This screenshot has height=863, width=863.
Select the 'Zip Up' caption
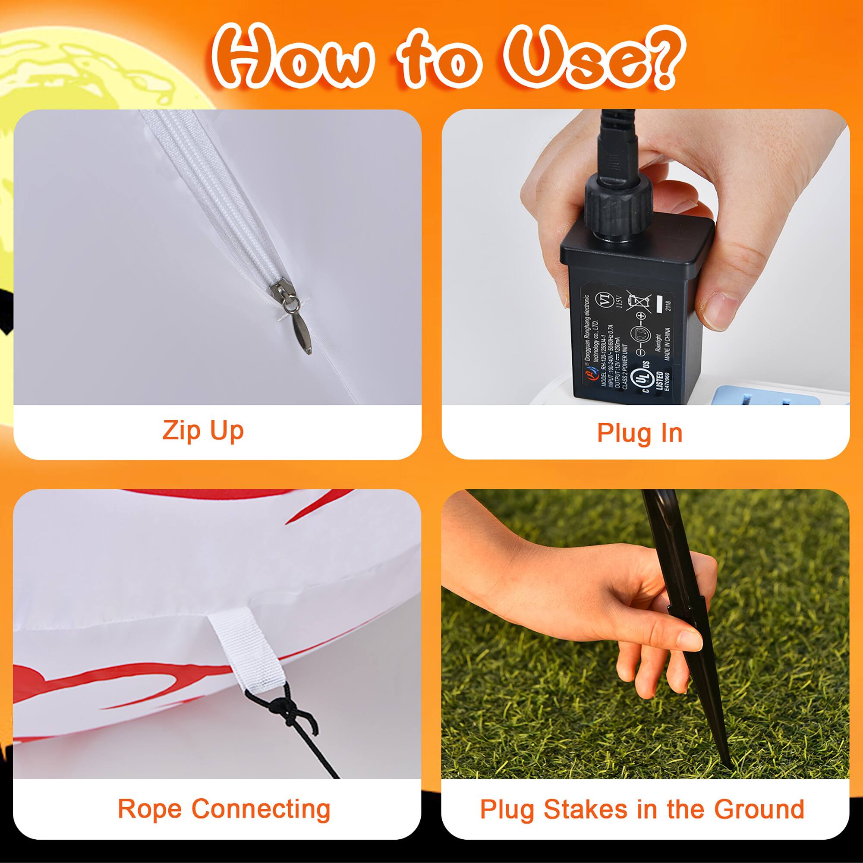point(203,431)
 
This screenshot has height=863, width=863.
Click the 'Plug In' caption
point(639,433)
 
